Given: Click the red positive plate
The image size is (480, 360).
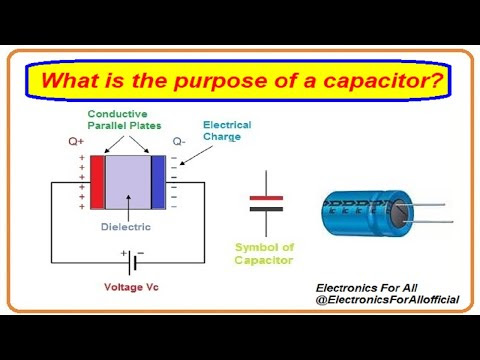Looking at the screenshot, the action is pyautogui.click(x=97, y=182).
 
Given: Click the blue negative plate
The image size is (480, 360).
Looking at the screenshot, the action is pyautogui.click(x=158, y=182).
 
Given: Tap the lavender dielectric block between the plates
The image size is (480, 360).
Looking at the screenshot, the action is pyautogui.click(x=128, y=182).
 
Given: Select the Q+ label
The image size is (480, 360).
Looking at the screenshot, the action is pyautogui.click(x=76, y=142).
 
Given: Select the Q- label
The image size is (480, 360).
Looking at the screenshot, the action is pyautogui.click(x=179, y=142).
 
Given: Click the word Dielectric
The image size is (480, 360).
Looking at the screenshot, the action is pyautogui.click(x=126, y=227).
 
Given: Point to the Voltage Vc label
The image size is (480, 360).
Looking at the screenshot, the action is pyautogui.click(x=131, y=287).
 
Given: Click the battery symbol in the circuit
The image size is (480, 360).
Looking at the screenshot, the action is pyautogui.click(x=132, y=262).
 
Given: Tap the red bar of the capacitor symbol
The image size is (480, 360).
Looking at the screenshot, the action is pyautogui.click(x=266, y=198).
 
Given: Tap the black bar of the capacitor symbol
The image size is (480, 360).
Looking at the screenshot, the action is pyautogui.click(x=266, y=209).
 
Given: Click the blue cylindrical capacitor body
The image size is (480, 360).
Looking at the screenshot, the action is pyautogui.click(x=360, y=213).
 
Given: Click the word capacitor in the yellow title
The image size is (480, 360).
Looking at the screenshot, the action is pyautogui.click(x=383, y=81).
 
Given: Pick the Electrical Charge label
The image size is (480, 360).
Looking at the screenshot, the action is pyautogui.click(x=227, y=131).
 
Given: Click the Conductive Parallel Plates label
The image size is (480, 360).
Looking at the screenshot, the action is pyautogui.click(x=124, y=120).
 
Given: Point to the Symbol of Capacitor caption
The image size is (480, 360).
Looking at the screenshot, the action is pyautogui.click(x=264, y=254).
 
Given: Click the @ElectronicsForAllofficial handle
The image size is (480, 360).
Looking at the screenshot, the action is pyautogui.click(x=387, y=300).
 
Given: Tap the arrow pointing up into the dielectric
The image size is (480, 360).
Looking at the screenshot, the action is pyautogui.click(x=128, y=207).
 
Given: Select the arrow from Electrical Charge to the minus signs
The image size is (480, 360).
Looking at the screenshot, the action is pyautogui.click(x=196, y=155).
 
